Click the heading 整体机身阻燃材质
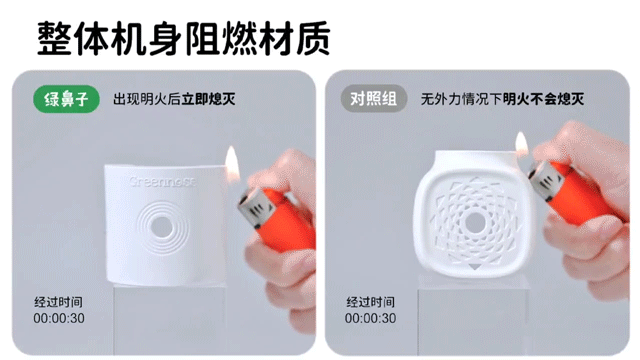pos(184,39)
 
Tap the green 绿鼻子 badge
pos(66,99)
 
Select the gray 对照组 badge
pos(374,98)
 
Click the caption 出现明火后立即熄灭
pos(174,99)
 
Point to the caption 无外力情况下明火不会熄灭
pos(502,99)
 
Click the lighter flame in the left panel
pos(232,163)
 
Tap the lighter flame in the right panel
pos(522,144)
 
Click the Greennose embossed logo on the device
pos(162,181)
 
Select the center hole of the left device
pos(162,227)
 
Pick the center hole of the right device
pos(475,222)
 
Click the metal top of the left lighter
pos(254,208)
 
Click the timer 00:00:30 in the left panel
pos(59,318)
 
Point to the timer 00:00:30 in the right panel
pos(370,318)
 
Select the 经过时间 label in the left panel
pos(58,302)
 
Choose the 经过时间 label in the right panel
pos(370,302)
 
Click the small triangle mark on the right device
pos(474,266)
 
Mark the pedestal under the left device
pos(169,320)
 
